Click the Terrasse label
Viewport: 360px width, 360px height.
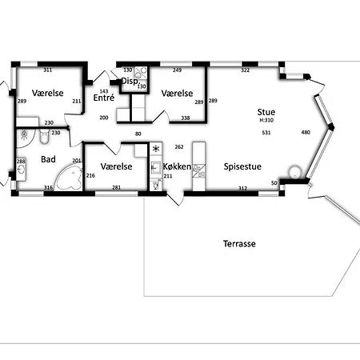(239, 243)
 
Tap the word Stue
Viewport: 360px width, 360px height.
(266, 112)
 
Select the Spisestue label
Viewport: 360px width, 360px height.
(242, 166)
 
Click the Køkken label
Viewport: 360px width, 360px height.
(177, 166)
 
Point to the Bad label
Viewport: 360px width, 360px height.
(48, 159)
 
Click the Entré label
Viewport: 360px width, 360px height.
(104, 98)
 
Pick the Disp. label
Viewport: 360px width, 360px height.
(130, 81)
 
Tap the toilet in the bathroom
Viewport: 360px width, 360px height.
(44, 136)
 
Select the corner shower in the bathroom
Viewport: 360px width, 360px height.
(26, 138)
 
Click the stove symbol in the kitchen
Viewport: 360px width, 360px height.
(156, 149)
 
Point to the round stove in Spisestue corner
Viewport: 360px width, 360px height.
(295, 172)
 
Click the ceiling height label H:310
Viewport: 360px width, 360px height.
(266, 120)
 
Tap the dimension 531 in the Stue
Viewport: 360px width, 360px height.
(266, 133)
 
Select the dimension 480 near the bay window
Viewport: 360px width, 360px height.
(306, 132)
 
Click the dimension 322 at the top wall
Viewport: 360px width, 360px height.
(246, 70)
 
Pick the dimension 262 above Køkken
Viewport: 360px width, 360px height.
(179, 146)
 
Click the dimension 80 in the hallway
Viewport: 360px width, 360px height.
(138, 134)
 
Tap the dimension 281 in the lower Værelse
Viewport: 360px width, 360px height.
(116, 187)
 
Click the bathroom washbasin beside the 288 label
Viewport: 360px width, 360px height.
(21, 170)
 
